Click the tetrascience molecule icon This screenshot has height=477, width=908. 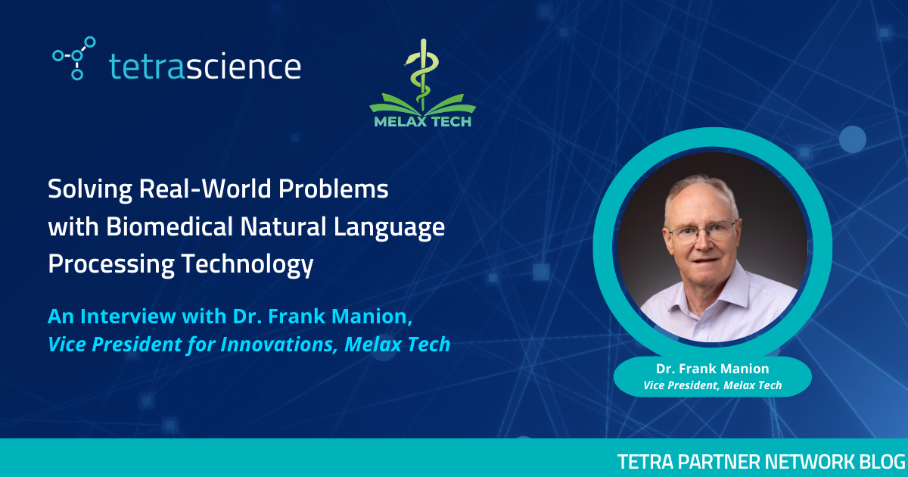click(x=74, y=58)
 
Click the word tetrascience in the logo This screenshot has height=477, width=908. click(x=205, y=66)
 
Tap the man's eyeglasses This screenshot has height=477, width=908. click(x=702, y=232)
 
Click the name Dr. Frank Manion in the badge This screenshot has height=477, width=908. click(x=712, y=369)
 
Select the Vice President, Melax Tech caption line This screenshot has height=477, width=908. click(x=712, y=385)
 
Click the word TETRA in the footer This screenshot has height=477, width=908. click(x=642, y=461)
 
